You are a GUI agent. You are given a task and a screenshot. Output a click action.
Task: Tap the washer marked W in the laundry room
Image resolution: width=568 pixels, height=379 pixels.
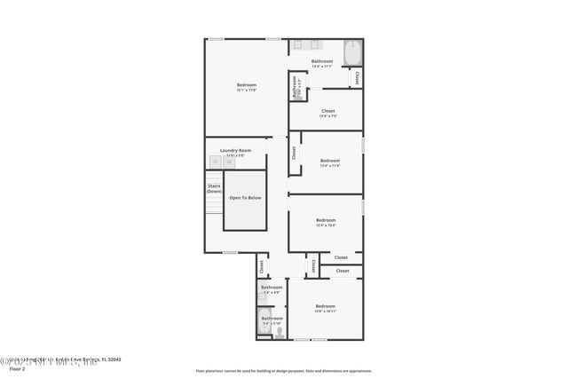click(228, 162)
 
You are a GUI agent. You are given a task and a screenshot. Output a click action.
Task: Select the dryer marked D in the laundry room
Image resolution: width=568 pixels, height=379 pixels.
click(215, 162)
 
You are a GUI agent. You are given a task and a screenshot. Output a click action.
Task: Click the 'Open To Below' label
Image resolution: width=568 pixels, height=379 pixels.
click(245, 198)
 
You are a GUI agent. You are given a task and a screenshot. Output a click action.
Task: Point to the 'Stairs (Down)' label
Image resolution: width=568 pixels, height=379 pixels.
click(214, 189)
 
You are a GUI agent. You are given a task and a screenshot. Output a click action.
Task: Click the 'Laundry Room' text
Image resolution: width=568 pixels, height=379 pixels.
click(235, 150)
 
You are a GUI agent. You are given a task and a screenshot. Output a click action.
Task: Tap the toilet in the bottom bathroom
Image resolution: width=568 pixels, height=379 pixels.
click(279, 334)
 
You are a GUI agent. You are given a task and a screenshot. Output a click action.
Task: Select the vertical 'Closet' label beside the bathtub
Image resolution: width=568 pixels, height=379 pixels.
click(357, 77)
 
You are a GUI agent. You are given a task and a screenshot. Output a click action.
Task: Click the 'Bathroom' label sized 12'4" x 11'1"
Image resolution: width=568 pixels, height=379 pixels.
click(322, 61)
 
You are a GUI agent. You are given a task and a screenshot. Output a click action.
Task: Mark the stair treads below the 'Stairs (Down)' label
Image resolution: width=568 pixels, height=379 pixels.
click(212, 212)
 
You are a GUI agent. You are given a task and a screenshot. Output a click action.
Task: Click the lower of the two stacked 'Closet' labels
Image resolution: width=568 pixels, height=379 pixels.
click(342, 271)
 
